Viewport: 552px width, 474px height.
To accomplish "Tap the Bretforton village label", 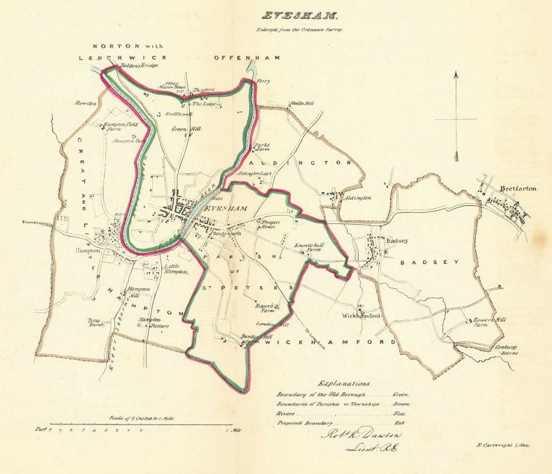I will tap(516, 187).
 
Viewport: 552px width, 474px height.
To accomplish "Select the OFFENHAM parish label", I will tap(246, 57).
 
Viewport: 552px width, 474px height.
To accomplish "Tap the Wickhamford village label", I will tap(361, 316).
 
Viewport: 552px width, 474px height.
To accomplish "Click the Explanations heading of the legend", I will tap(344, 383).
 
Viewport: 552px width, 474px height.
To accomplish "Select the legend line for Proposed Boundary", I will tap(341, 423).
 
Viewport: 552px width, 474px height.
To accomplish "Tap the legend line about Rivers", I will tap(341, 413).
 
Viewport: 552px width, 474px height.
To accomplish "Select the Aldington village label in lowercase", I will tap(357, 198).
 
